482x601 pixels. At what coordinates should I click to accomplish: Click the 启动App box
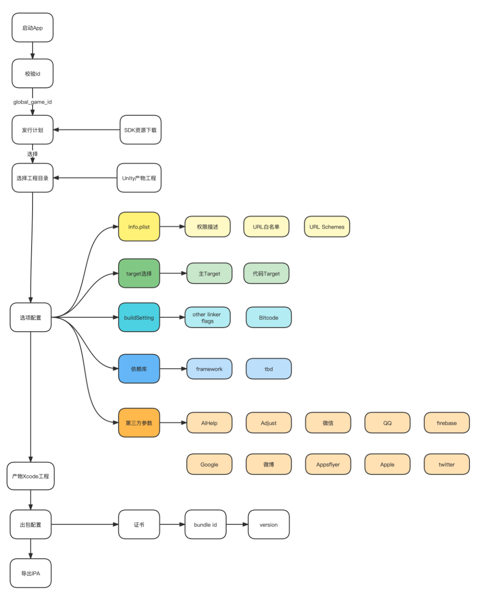point(33,27)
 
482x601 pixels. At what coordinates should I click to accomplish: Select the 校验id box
point(33,73)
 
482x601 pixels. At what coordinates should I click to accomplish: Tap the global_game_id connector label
point(33,102)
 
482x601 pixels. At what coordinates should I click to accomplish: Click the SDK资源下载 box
point(140,130)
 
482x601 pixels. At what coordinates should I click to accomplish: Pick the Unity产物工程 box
point(139,178)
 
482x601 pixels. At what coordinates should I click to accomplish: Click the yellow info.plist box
point(139,227)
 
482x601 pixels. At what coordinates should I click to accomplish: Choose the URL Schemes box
point(327,227)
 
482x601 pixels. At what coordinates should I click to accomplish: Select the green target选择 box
point(139,273)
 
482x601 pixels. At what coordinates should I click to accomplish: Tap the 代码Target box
point(266,273)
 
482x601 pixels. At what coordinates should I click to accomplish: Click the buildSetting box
point(139,317)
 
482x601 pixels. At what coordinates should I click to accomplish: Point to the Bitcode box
point(268,317)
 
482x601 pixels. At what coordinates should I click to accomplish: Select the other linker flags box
point(208,317)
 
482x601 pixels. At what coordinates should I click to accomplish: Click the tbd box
point(268,368)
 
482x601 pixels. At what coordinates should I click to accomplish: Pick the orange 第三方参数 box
point(139,422)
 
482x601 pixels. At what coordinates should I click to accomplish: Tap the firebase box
point(446,422)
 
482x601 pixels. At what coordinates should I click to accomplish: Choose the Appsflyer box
point(328,464)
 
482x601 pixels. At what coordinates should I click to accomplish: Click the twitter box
point(446,464)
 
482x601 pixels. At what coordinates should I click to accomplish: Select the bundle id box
point(205,524)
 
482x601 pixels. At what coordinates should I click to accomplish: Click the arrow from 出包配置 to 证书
point(85,524)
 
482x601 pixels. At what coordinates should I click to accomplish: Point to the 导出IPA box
point(30,573)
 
